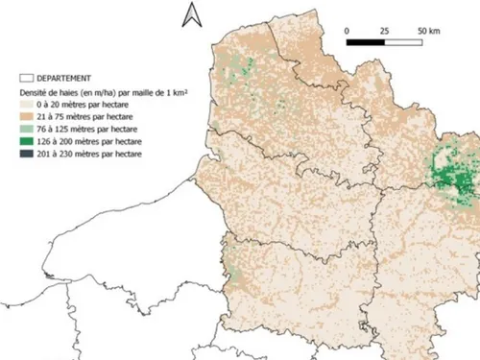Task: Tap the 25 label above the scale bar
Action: (384, 32)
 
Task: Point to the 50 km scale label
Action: (428, 32)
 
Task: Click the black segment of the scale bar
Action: (366, 42)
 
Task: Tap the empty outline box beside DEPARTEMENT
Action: (27, 78)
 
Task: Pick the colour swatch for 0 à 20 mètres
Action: (27, 105)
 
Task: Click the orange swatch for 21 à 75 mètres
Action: (27, 117)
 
